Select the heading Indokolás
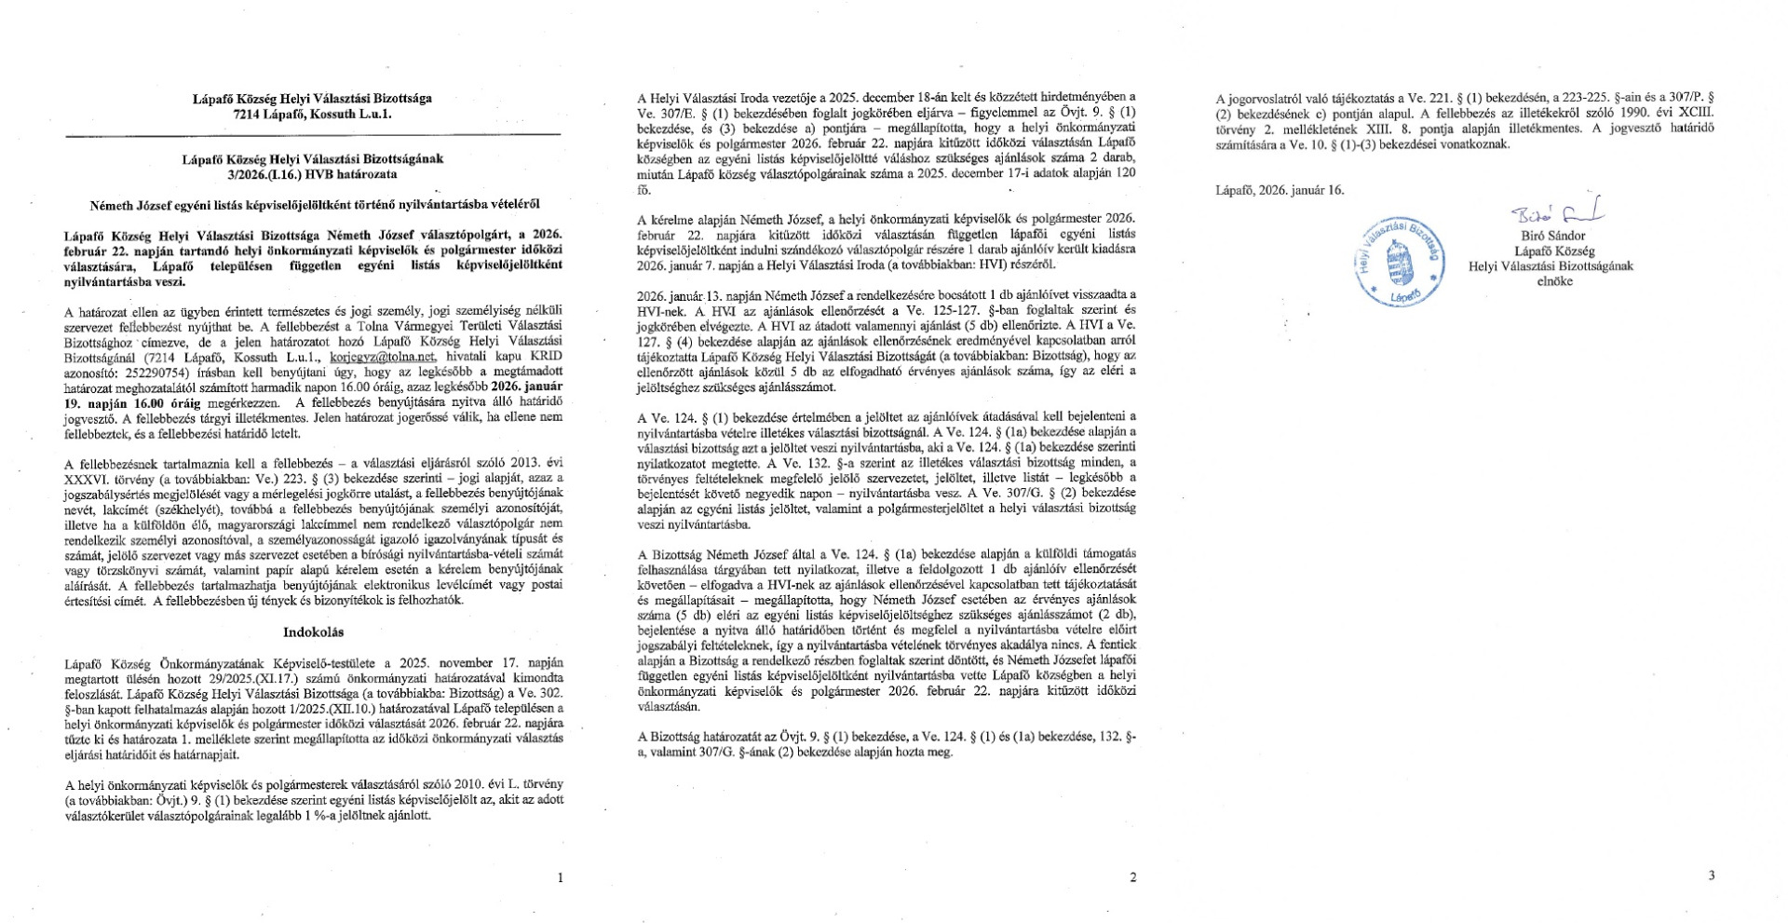pos(313,632)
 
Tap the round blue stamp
pos(1400,261)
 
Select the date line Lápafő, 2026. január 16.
pos(1280,190)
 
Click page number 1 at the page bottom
pos(559,876)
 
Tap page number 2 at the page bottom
pos(1132,876)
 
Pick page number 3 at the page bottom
pos(1712,875)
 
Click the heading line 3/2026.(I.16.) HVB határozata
pos(313,174)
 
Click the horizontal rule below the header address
pos(313,136)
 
